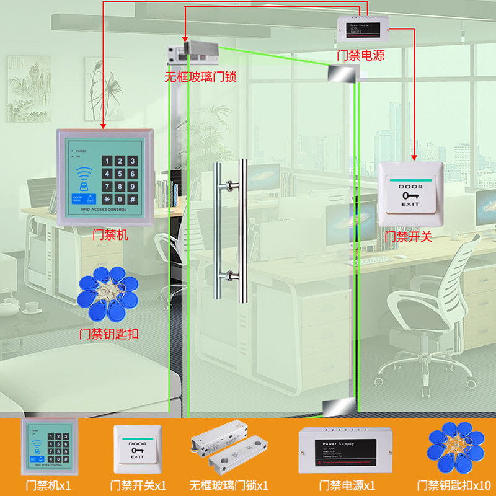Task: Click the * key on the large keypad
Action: click(x=108, y=200)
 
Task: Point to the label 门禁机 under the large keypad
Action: click(x=110, y=235)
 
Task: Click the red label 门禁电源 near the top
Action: click(x=360, y=56)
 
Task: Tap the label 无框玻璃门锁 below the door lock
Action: click(x=200, y=77)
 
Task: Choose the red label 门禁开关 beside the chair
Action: click(x=408, y=236)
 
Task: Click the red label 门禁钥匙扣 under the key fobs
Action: click(x=109, y=334)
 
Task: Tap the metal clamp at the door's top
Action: click(x=341, y=74)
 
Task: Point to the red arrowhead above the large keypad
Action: click(x=104, y=126)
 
